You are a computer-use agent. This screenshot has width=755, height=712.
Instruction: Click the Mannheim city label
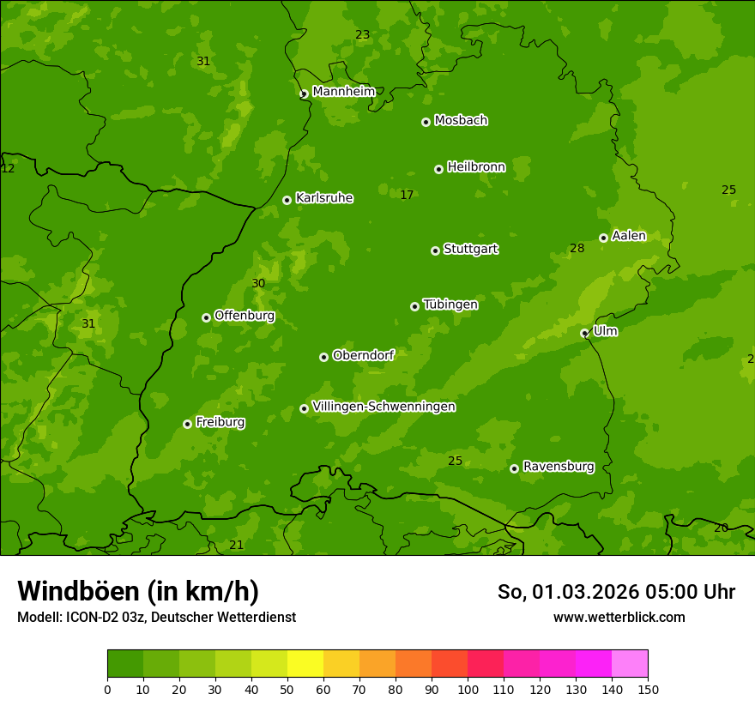[x=343, y=92]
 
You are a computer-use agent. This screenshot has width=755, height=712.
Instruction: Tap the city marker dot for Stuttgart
[x=435, y=250]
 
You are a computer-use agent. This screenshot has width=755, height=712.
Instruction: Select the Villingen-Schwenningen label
[x=384, y=407]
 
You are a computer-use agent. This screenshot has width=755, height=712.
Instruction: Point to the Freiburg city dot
[x=187, y=424]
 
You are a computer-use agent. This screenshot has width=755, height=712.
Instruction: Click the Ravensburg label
[x=558, y=467]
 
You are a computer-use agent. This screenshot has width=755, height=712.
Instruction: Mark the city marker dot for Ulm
[x=584, y=333]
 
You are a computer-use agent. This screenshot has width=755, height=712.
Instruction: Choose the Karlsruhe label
[x=323, y=198]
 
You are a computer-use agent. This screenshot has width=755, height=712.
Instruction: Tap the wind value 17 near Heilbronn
[x=407, y=196]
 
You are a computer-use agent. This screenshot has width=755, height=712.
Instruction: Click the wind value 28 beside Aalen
[x=577, y=249]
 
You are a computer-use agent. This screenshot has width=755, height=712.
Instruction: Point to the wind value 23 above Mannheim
[x=362, y=35]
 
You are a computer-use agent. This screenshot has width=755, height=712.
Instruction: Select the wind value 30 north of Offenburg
[x=258, y=284]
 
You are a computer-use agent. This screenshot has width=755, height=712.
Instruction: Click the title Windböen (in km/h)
[x=138, y=591]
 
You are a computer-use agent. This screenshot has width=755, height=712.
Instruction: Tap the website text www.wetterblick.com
[x=619, y=618]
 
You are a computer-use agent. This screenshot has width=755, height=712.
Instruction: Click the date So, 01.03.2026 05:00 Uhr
[x=616, y=592]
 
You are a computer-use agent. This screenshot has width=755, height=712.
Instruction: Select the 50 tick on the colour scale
[x=287, y=689]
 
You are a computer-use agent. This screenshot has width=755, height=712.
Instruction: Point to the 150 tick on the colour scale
[x=648, y=689]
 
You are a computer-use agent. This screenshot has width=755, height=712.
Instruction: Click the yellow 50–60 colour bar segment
[x=305, y=664]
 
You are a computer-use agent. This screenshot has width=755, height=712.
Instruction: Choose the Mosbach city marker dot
[x=426, y=122]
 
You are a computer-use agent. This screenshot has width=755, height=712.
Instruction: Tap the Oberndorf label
[x=363, y=355]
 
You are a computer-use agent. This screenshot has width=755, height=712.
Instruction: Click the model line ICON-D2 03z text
[x=156, y=618]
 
